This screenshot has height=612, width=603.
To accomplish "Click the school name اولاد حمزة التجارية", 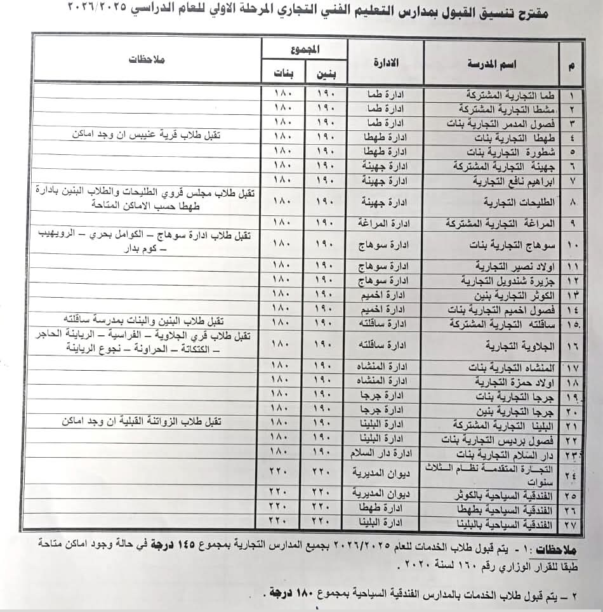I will tap(515, 382).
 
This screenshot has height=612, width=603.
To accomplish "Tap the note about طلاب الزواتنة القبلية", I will tap(150, 422).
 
